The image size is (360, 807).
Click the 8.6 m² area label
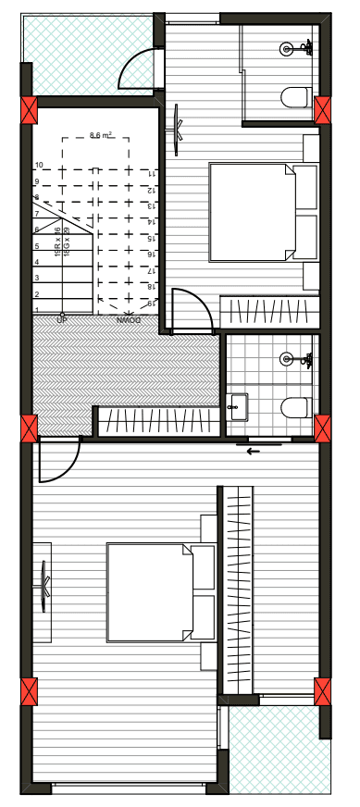[x=101, y=136]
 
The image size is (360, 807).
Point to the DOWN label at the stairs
[x=129, y=319]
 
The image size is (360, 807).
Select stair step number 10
[x=39, y=166]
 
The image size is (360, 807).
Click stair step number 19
[x=150, y=304]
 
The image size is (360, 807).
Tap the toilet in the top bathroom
[x=296, y=96]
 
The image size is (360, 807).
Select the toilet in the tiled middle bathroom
[x=296, y=406]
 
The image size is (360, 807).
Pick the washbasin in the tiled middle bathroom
[x=237, y=404]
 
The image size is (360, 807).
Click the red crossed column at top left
[x=30, y=111]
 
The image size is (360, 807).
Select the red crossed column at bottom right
[x=322, y=691]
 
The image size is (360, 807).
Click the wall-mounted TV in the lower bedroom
[x=43, y=584]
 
